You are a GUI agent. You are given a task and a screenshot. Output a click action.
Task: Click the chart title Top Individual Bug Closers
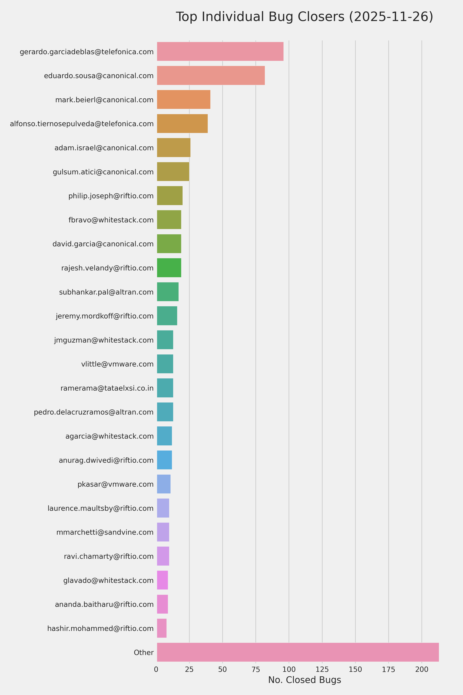click(304, 17)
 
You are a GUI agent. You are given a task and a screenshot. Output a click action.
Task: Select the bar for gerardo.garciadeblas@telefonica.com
click(220, 51)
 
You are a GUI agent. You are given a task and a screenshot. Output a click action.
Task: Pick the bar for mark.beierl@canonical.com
click(183, 100)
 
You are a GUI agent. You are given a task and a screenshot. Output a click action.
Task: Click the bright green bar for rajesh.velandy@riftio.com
click(169, 268)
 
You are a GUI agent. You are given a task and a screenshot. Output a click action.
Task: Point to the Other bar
click(298, 652)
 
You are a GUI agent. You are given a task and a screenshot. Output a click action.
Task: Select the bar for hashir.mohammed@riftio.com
click(162, 628)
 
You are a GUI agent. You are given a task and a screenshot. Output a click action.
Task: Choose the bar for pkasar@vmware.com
click(164, 484)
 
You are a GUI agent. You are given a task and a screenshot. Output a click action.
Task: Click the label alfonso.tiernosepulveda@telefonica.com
click(82, 124)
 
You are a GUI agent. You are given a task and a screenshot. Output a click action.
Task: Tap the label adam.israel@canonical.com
click(104, 148)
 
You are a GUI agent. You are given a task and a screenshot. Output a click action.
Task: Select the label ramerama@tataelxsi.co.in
click(107, 388)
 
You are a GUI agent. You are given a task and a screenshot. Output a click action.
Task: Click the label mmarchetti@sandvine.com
click(105, 532)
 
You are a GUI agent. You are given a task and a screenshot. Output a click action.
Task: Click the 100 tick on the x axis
click(289, 669)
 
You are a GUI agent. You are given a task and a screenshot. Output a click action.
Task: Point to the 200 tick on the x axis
click(421, 669)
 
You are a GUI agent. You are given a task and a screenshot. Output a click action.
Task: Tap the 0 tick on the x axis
click(156, 669)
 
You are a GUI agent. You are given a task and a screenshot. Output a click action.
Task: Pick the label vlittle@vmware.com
click(117, 364)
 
